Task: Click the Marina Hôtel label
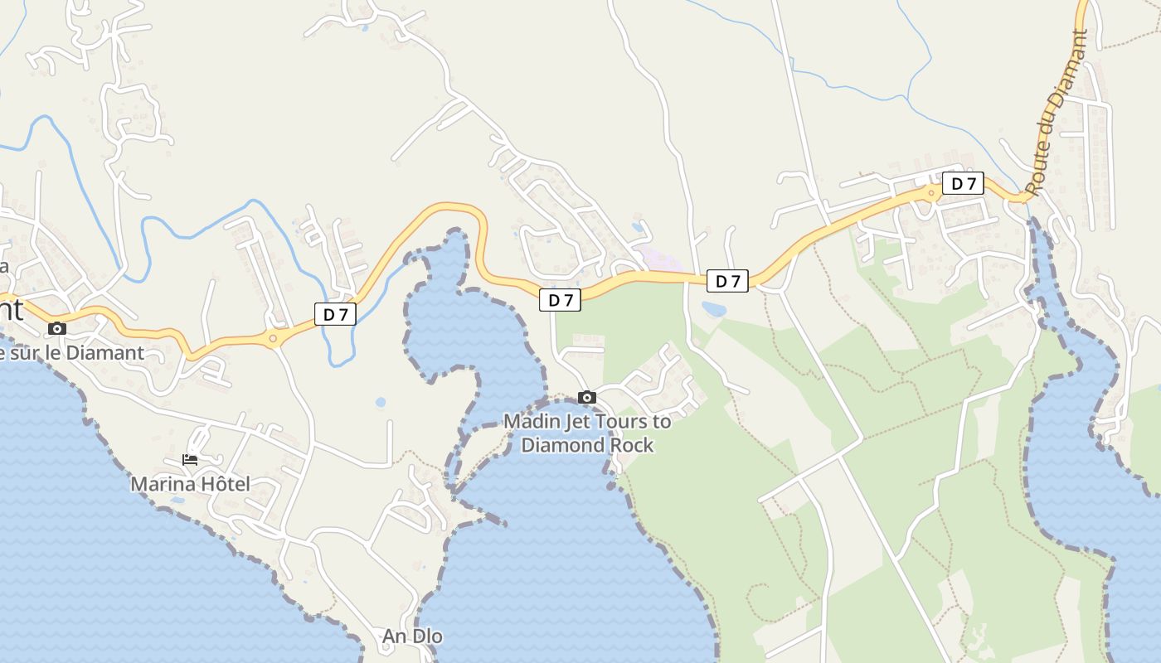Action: [190, 484]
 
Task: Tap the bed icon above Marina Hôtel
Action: [190, 460]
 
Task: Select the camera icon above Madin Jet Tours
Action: [587, 398]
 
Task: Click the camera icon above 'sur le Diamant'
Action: [57, 329]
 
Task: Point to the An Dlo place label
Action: [412, 636]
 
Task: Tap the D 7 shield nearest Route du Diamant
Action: [963, 183]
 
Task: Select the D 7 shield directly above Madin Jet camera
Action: [560, 300]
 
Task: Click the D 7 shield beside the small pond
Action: [727, 281]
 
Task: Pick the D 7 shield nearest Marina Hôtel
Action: [335, 314]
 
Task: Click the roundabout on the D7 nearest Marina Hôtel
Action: [273, 338]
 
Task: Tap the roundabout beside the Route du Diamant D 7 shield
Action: [931, 193]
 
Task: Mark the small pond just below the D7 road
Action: [713, 309]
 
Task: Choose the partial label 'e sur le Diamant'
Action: [72, 353]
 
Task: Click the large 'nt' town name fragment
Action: [11, 309]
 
